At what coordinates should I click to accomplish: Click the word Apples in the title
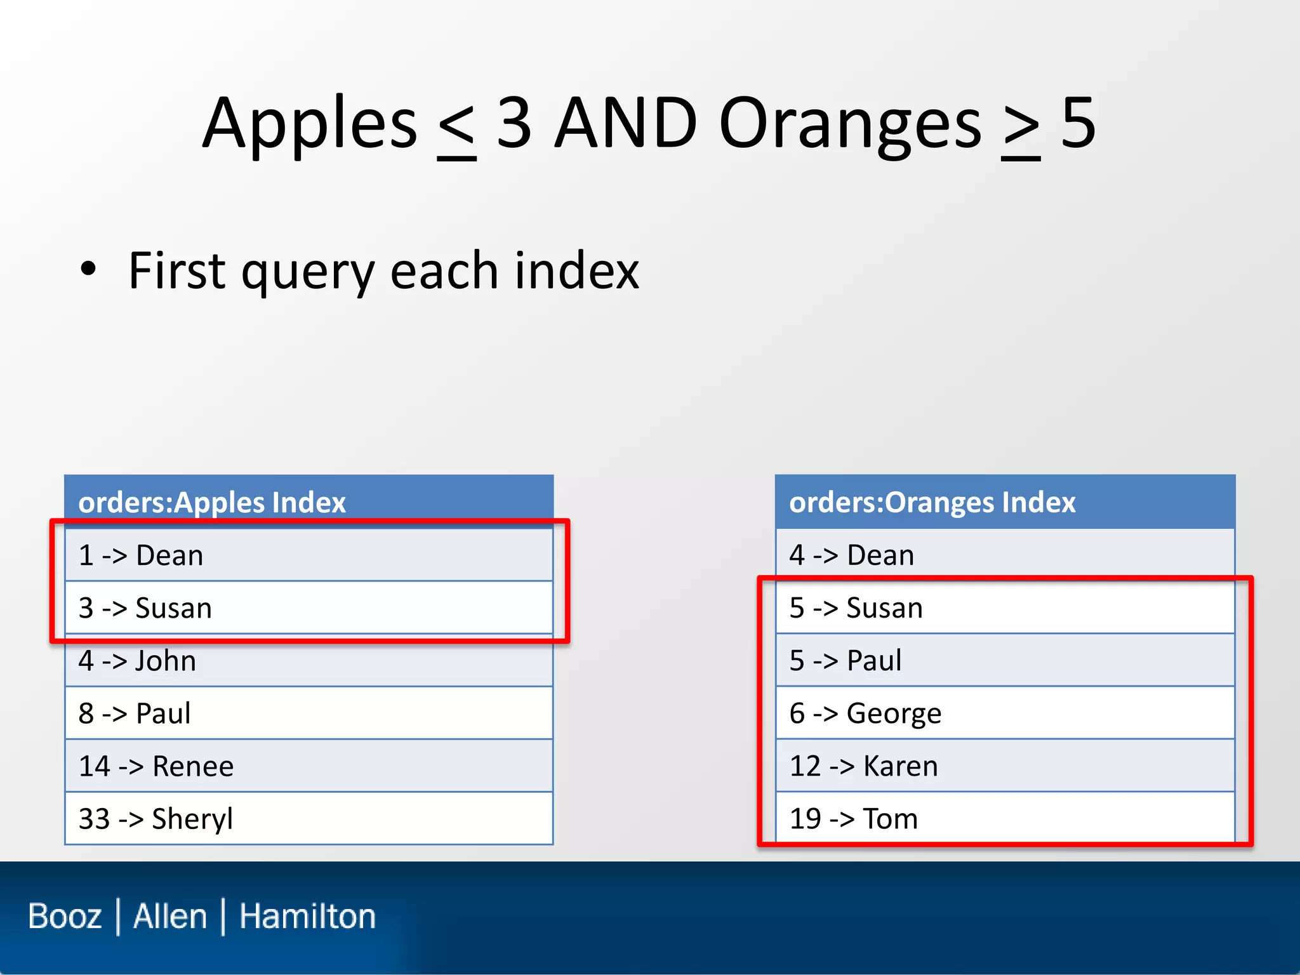pos(310,124)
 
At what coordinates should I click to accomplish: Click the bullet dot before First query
pos(88,269)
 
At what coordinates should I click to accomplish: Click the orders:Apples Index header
pos(212,502)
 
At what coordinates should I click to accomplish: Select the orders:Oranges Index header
pos(932,502)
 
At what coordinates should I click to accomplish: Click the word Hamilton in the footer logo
pos(307,917)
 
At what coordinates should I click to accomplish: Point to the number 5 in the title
pos(1078,124)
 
